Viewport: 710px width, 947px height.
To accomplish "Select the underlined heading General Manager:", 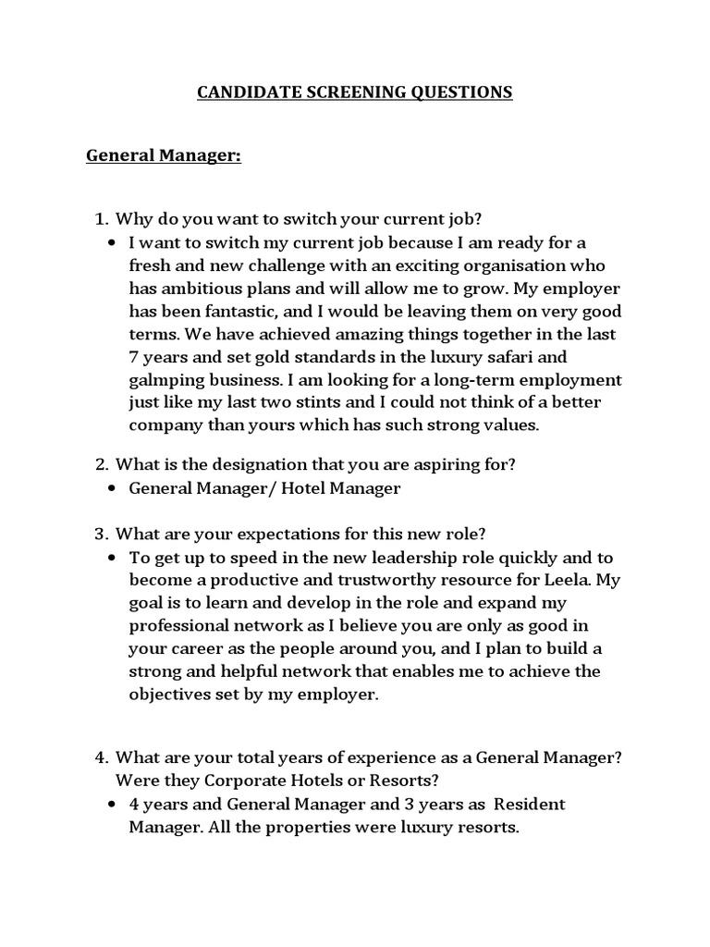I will (x=164, y=156).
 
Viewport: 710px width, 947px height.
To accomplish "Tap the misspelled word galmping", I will (x=166, y=380).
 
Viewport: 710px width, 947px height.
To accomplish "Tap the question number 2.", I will (x=102, y=465).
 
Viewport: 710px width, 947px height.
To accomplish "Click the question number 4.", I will (x=102, y=757).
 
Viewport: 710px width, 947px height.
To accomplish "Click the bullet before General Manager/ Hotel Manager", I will (x=112, y=489).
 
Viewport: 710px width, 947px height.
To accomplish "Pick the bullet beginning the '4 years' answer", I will (x=112, y=805).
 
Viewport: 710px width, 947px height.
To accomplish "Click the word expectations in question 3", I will (x=251, y=535).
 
